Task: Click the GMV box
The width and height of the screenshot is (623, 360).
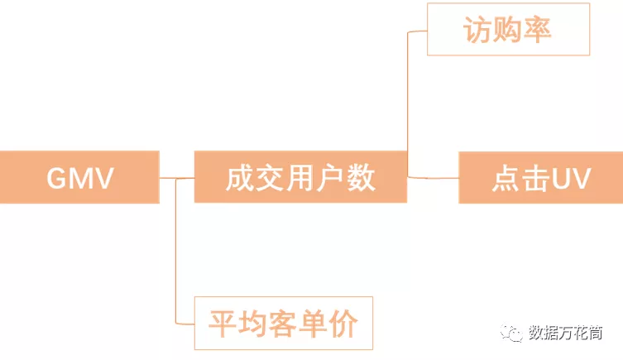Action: point(79,177)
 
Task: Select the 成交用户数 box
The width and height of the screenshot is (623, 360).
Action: point(300,177)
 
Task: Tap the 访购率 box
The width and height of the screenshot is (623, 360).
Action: point(508,30)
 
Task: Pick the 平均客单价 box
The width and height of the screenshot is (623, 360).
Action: point(283,323)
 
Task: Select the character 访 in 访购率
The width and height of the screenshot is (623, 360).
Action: point(477,31)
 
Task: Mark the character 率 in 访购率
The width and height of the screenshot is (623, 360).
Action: point(538,31)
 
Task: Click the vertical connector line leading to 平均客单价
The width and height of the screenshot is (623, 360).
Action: point(177,248)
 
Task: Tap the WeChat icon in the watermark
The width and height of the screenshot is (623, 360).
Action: point(515,333)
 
